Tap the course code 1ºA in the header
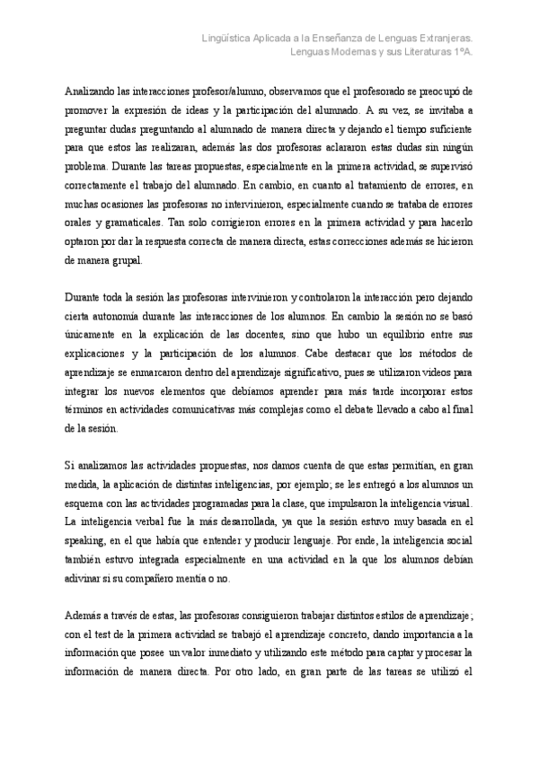(x=461, y=52)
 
